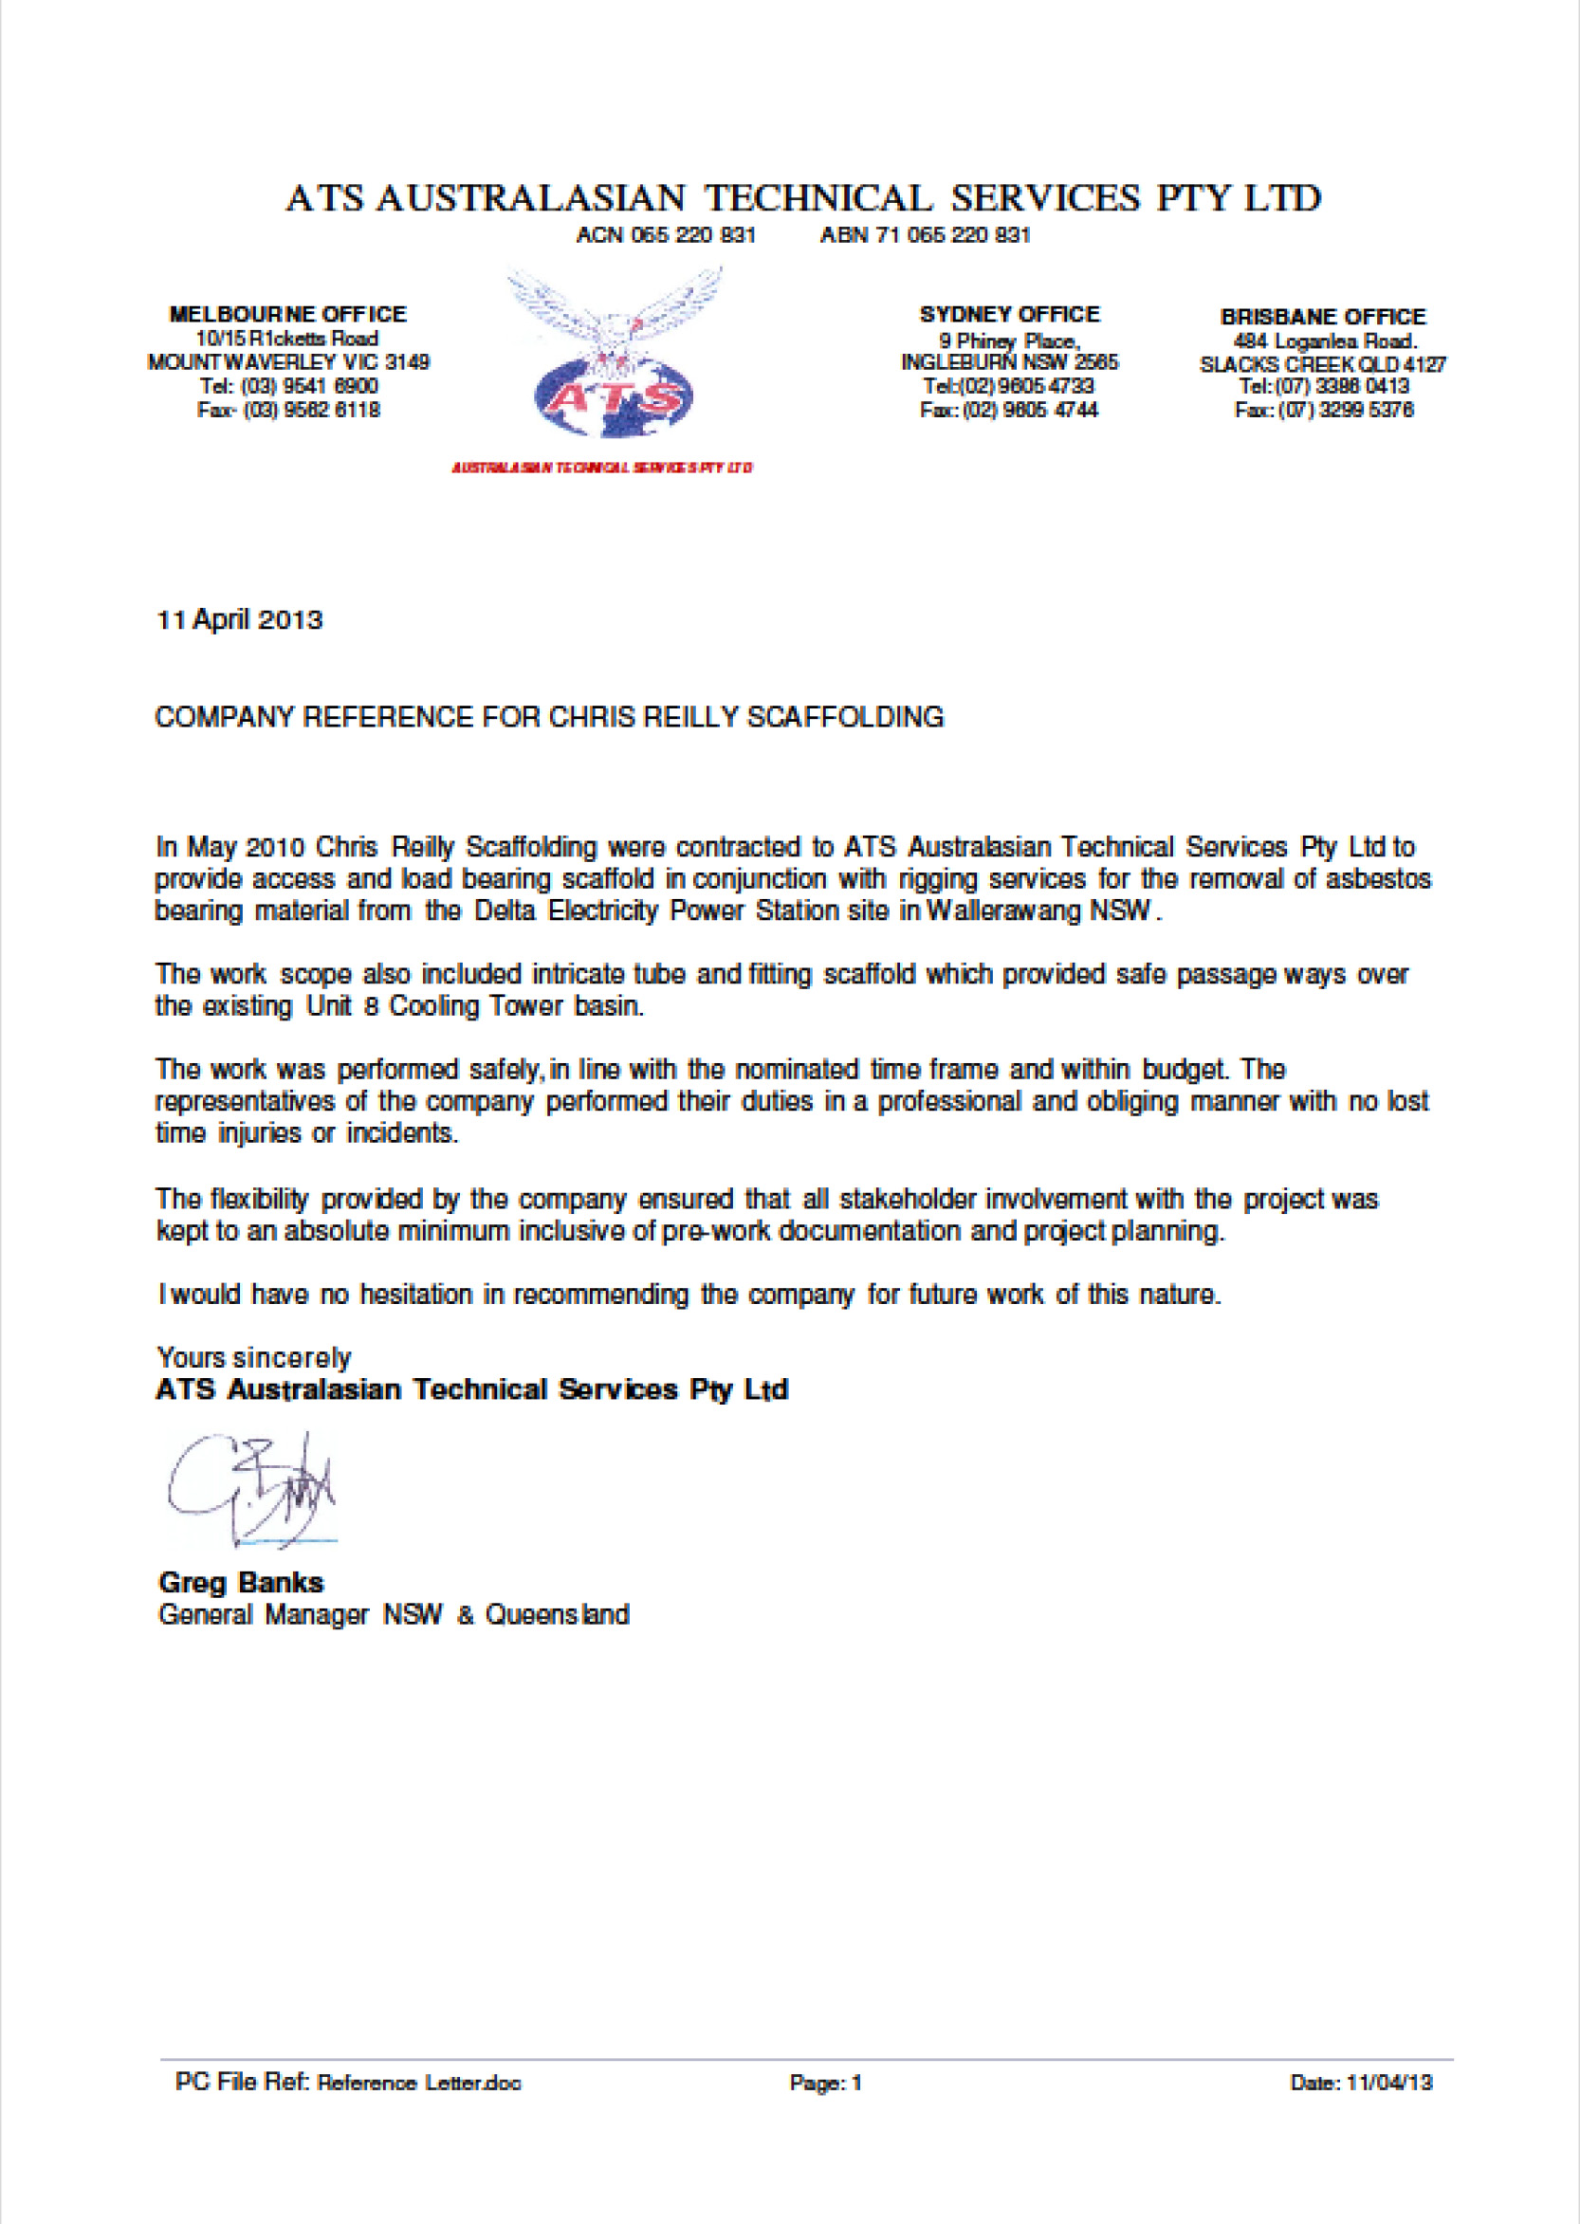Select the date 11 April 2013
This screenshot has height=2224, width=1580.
pos(239,620)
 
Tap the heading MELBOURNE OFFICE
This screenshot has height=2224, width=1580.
pos(288,314)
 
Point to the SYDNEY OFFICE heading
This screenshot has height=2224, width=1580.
pos(1009,314)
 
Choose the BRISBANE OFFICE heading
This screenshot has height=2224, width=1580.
pos(1322,316)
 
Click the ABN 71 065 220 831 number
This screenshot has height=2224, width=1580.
pos(925,235)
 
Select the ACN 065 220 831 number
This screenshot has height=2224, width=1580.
pos(666,235)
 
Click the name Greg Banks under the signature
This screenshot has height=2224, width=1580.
pos(240,1583)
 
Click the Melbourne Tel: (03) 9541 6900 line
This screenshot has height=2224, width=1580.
pos(288,386)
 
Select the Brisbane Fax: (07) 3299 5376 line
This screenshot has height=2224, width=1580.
pos(1323,411)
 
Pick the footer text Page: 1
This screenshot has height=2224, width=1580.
pos(825,2083)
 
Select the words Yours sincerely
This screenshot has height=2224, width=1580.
pos(253,1358)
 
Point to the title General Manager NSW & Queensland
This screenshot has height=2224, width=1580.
pos(393,1615)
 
